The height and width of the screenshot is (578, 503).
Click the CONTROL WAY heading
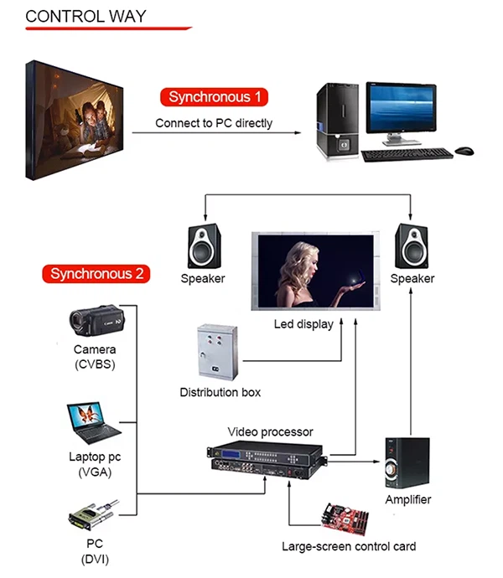click(x=86, y=16)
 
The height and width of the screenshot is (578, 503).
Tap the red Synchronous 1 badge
click(x=215, y=97)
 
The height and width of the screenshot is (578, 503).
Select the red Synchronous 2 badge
click(x=96, y=273)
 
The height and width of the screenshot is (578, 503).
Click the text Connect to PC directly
click(x=214, y=123)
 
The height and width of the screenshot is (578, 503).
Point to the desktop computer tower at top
click(x=337, y=121)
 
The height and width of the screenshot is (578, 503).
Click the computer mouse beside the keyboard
click(x=464, y=151)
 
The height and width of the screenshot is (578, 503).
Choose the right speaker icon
click(x=412, y=245)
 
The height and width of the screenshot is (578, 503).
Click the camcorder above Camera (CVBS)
click(x=93, y=320)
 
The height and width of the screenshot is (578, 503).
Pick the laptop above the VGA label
click(x=93, y=424)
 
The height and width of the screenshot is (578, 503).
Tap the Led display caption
click(x=303, y=324)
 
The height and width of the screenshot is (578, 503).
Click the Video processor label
click(x=270, y=432)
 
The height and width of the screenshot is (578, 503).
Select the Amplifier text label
click(x=408, y=500)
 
